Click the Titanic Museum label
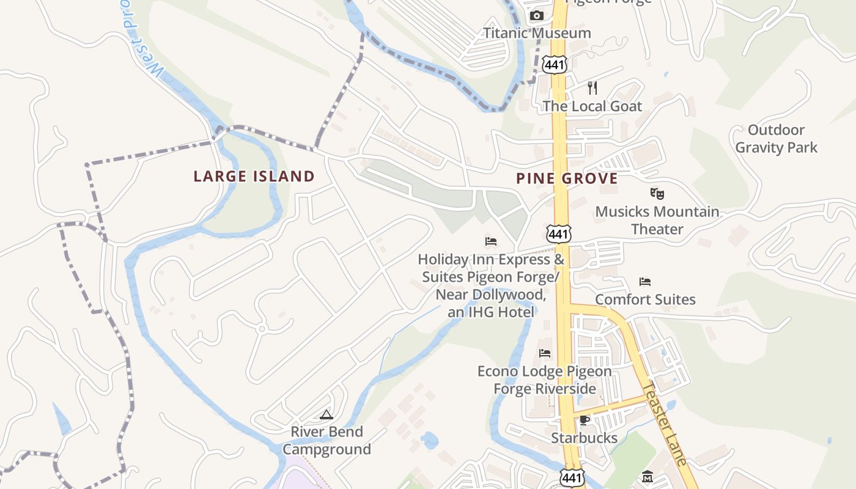point(537,33)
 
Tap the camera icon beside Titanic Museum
point(537,16)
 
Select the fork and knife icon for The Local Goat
point(592,88)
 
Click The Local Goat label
point(592,106)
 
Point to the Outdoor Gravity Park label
point(776,139)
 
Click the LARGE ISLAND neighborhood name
point(254,177)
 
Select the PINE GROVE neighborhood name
point(567,178)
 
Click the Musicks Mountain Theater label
point(657,221)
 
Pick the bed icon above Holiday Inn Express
point(490,241)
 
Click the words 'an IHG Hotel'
point(491,312)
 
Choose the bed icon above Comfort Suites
point(645,282)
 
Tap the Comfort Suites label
point(645,300)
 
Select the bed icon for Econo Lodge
point(545,353)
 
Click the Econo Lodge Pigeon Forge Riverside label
point(544,380)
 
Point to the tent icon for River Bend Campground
point(327,415)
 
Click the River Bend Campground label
point(327,441)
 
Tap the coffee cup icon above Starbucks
point(584,420)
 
